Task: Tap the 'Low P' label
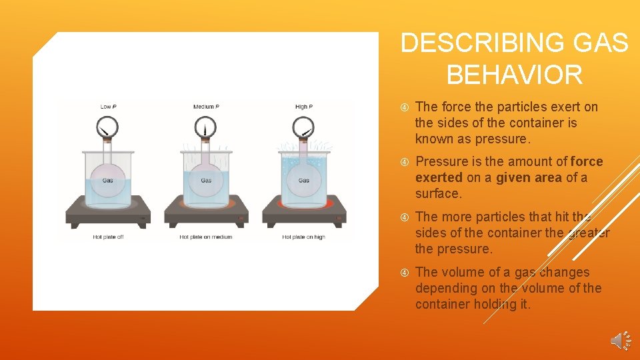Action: tap(108, 107)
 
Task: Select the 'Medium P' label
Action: tap(206, 107)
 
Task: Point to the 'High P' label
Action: tap(304, 107)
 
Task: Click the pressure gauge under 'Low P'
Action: tap(108, 125)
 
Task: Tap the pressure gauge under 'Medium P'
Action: tap(206, 125)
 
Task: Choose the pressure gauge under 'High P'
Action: tap(304, 125)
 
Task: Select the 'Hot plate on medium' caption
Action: tap(206, 237)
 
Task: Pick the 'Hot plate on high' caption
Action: tap(304, 237)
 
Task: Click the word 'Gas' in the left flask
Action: tap(108, 181)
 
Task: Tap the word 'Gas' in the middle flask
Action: tap(206, 181)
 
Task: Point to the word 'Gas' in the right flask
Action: tap(304, 181)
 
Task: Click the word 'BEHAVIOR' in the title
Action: tap(514, 75)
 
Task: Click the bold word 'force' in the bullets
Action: tap(587, 162)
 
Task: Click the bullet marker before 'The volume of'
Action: tap(404, 273)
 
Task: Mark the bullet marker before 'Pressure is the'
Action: tap(404, 162)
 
